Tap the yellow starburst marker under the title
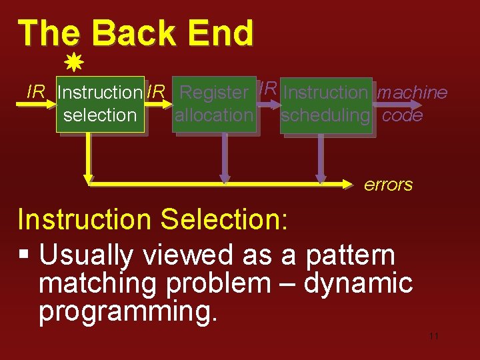coord(73,64)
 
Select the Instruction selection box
coord(100,104)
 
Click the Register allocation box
coord(214,104)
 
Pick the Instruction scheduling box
coord(325,104)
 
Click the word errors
coord(388,185)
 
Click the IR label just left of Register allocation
coord(156,92)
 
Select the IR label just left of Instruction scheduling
coord(267,87)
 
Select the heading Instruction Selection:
coord(152,219)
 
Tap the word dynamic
coord(358,283)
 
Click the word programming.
coord(127,311)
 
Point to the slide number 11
coord(433,337)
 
